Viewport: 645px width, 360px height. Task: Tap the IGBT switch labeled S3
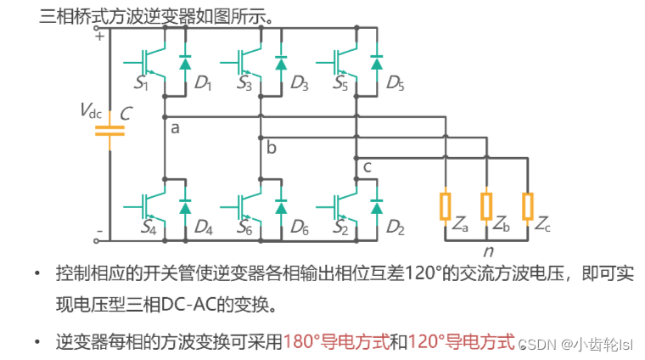240,59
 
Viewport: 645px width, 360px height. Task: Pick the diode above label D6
280,207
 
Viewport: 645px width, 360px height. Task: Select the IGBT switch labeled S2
336,205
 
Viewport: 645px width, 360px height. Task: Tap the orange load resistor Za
445,206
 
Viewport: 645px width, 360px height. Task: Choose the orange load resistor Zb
486,206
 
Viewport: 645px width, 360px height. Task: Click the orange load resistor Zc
527,206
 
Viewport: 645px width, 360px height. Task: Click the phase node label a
176,128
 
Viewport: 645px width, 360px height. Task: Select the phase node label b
272,149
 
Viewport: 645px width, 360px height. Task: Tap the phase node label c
367,166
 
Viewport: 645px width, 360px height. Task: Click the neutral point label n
488,251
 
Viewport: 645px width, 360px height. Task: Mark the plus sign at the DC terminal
99,36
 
